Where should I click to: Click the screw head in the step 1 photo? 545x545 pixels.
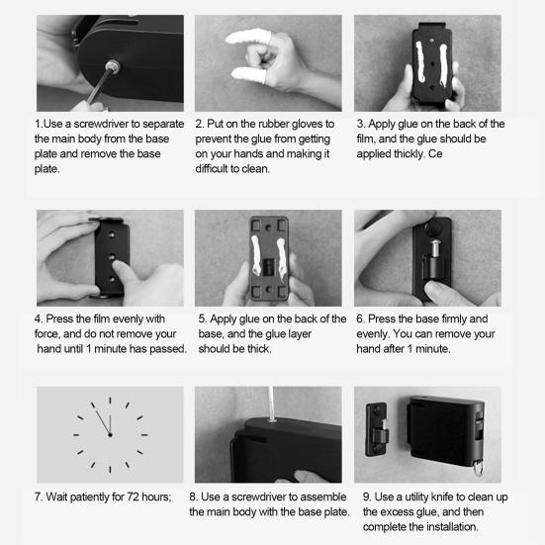(x=113, y=65)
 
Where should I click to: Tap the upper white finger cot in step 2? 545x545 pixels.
(x=247, y=38)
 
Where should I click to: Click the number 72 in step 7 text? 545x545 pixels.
(x=133, y=497)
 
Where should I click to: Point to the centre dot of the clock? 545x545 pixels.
(x=110, y=435)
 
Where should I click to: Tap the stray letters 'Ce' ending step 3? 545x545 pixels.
(x=435, y=153)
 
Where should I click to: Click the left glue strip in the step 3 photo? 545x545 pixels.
(x=420, y=62)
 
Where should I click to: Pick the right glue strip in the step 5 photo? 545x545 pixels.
(x=282, y=258)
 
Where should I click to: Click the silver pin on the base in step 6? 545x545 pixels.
(x=434, y=247)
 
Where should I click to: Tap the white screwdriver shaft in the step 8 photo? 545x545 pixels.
(x=271, y=404)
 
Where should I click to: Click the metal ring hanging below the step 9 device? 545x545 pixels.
(x=478, y=468)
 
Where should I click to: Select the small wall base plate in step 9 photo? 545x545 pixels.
(x=377, y=429)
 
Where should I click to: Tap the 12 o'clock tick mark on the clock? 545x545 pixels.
(x=110, y=400)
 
